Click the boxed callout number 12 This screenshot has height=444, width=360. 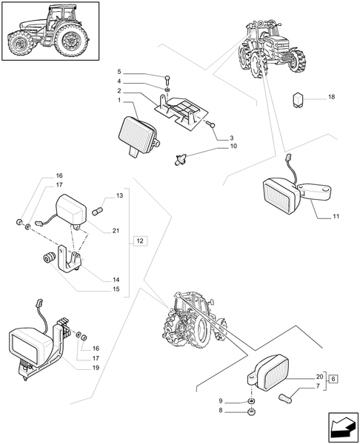point(140,241)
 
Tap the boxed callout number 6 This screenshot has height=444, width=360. point(333,379)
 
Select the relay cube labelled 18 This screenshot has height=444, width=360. point(298,100)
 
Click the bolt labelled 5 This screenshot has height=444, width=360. point(167,80)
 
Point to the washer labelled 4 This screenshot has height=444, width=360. point(167,90)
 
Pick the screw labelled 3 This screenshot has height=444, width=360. point(210,124)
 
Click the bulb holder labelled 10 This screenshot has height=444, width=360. point(180,158)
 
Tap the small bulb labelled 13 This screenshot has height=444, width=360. point(98,211)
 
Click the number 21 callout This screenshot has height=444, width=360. point(116,231)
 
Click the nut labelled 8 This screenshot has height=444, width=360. point(251,412)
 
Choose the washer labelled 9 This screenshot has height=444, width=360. point(251,401)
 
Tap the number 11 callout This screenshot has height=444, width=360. point(336,217)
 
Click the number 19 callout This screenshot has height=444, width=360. point(96,368)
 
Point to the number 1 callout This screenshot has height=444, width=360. point(119,100)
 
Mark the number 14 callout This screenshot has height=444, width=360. point(116,280)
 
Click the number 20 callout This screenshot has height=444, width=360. point(320,377)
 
